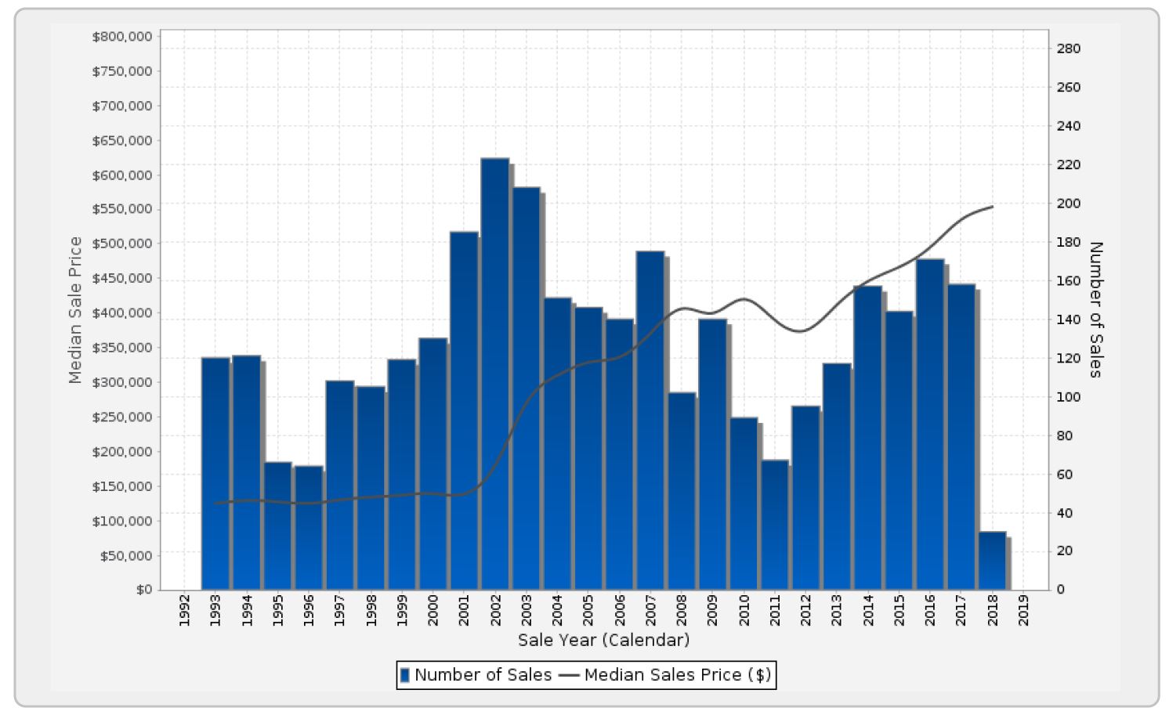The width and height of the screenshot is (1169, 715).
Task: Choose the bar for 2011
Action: pyautogui.click(x=774, y=524)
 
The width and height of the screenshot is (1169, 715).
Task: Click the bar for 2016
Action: pyautogui.click(x=929, y=424)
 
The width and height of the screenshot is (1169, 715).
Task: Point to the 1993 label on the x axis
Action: pyautogui.click(x=215, y=610)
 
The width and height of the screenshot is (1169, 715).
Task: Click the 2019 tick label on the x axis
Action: pyautogui.click(x=1023, y=610)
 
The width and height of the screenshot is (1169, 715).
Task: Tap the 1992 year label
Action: pyautogui.click(x=184, y=610)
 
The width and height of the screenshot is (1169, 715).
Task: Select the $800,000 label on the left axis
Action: pyautogui.click(x=122, y=37)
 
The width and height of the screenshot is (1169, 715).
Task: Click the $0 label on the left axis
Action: pyautogui.click(x=143, y=590)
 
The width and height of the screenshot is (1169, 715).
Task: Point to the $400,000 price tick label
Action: pyautogui.click(x=122, y=313)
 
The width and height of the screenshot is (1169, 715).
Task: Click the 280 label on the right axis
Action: pyautogui.click(x=1068, y=49)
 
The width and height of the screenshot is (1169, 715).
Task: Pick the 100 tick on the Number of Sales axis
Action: pyautogui.click(x=1068, y=397)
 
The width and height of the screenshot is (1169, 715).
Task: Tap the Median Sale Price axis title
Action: pyautogui.click(x=75, y=310)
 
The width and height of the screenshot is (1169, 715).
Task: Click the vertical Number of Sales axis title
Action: pyautogui.click(x=1095, y=310)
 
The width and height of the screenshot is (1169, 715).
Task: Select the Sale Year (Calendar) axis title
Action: pyautogui.click(x=603, y=640)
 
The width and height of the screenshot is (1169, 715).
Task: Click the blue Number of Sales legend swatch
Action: pyautogui.click(x=405, y=675)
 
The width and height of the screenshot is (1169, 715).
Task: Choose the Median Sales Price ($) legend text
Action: pyautogui.click(x=677, y=675)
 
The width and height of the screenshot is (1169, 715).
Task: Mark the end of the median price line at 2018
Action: pyautogui.click(x=993, y=207)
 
